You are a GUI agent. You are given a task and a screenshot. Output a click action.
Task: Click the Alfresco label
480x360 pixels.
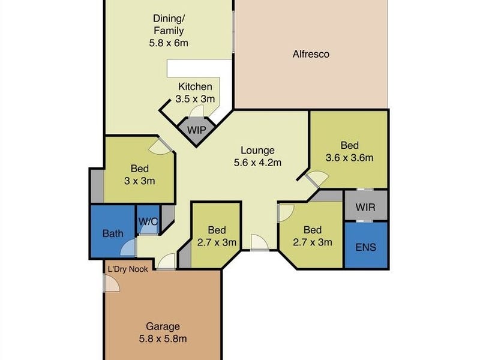(311, 54)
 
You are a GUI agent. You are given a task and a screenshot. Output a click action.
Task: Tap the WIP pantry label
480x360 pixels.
(196, 130)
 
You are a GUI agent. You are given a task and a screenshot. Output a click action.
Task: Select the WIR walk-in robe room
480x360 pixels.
(366, 205)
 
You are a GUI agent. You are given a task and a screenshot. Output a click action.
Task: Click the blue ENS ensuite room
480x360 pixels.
(366, 245)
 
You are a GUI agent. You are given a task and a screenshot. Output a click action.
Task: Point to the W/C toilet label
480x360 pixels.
(148, 221)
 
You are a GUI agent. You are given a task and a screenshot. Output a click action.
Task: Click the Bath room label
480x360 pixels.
(113, 233)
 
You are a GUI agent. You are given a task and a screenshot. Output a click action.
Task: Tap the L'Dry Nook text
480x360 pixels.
(128, 269)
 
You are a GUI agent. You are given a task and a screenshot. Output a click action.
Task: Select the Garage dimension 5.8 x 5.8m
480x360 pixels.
(163, 339)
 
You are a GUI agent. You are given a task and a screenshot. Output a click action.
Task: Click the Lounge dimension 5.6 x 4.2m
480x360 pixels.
(257, 163)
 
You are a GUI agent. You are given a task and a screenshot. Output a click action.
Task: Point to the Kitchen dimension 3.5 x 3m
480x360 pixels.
(195, 99)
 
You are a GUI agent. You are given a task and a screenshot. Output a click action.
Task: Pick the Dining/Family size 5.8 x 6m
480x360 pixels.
(169, 43)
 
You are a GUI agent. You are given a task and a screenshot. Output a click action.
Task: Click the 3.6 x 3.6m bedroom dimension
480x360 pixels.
(350, 158)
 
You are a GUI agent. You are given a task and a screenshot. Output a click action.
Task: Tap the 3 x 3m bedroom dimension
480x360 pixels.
(140, 181)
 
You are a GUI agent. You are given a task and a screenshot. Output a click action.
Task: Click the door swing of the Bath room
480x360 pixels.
(128, 247)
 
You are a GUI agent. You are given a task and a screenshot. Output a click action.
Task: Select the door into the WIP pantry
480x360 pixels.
(197, 112)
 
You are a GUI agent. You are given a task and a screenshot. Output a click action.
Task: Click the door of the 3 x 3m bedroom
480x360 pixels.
(160, 146)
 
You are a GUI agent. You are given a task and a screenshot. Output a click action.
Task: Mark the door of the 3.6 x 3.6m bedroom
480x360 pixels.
(317, 178)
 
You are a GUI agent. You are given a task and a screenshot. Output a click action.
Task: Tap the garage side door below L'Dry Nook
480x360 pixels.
(112, 283)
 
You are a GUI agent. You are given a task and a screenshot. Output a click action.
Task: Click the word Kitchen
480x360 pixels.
(196, 86)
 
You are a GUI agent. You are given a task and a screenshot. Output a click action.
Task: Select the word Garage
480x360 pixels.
(163, 326)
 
